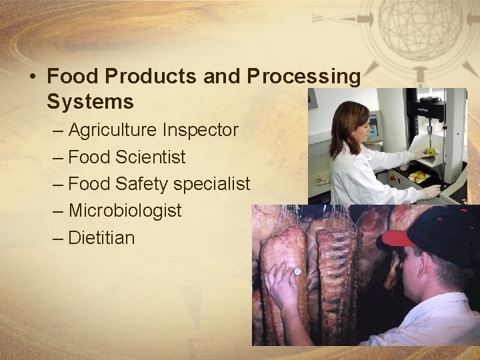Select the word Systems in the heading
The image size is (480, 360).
90,103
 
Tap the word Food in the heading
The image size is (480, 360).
70,77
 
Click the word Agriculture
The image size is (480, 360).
113,130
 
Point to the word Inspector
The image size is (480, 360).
200,130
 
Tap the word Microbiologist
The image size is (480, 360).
125,211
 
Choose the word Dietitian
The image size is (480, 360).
101,237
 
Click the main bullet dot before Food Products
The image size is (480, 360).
33,77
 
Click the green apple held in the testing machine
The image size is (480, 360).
431,151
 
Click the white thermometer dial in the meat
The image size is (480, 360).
297,272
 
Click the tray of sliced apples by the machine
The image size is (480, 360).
419,177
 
